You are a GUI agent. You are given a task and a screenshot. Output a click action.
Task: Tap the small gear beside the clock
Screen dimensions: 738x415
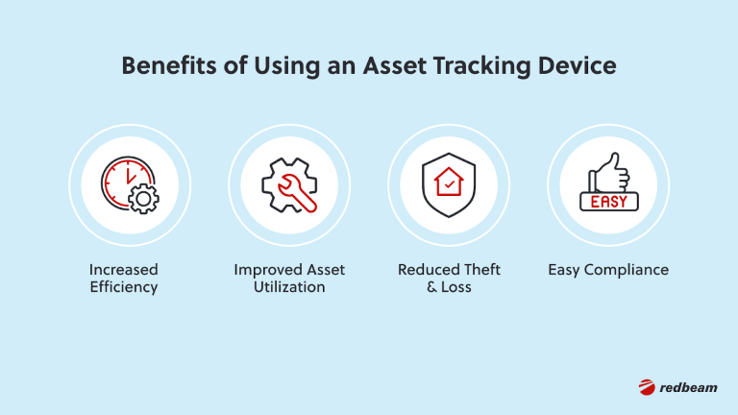143,199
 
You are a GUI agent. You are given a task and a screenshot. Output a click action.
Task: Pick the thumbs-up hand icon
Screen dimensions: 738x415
609,173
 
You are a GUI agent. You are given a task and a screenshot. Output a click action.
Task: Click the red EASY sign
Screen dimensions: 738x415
609,202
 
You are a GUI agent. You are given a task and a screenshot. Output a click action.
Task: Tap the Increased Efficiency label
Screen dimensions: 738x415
124,278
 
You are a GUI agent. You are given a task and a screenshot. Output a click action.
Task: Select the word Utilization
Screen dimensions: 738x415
289,286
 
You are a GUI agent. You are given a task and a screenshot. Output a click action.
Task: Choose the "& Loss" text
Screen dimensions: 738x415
449,286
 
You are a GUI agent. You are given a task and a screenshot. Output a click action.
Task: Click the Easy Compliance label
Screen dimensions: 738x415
608,270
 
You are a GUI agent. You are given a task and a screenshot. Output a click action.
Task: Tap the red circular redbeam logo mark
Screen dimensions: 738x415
647,387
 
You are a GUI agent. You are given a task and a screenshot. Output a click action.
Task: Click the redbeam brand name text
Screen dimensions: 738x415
689,388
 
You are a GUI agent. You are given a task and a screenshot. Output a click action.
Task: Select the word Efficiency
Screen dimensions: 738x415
124,287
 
